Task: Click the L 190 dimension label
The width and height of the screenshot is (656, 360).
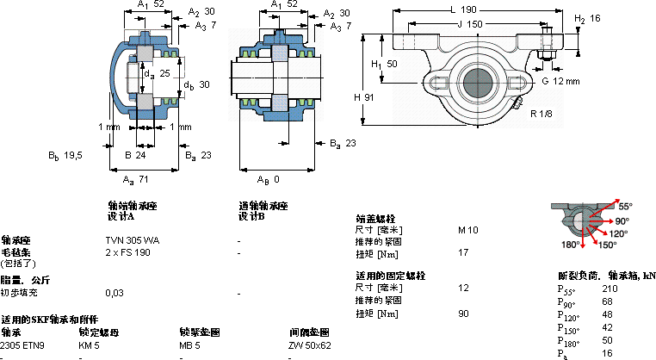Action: pos(462,9)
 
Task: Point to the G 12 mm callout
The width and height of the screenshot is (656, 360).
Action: pos(560,80)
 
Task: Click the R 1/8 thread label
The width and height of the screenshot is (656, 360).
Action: pos(541,114)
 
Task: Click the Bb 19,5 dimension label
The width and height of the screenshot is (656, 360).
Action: pos(65,155)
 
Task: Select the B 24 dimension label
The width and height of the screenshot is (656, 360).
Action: pos(135,155)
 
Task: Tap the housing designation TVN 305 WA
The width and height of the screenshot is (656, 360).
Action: pos(132,240)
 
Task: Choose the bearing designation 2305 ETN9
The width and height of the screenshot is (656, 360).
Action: pos(22,345)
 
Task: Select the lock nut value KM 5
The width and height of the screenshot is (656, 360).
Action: pos(90,345)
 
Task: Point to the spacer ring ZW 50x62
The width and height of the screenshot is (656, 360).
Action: pos(310,345)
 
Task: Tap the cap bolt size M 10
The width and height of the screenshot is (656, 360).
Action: pos(467,230)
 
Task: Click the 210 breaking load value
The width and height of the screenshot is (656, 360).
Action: pos(609,289)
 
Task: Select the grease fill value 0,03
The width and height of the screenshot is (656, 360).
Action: pos(114,294)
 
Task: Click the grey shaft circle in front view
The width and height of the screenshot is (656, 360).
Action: pos(479,84)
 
